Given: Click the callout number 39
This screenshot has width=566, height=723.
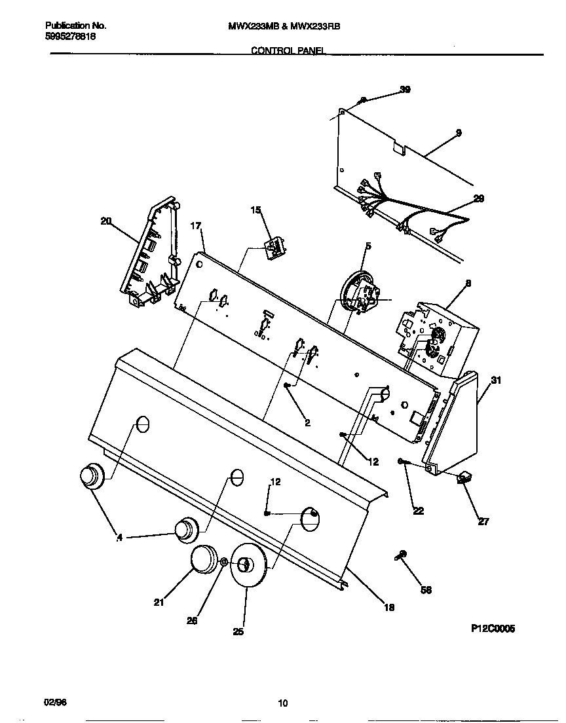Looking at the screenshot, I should pyautogui.click(x=405, y=90).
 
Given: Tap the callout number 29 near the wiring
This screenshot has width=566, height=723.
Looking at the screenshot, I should pyautogui.click(x=478, y=198).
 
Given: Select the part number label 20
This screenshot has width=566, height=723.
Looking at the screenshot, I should pyautogui.click(x=105, y=221).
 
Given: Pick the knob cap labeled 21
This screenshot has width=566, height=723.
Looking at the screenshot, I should pyautogui.click(x=204, y=560).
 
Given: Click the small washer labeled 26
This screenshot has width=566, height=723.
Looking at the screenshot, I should pyautogui.click(x=224, y=562).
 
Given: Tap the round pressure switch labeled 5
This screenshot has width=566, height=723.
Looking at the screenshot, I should pyautogui.click(x=359, y=291).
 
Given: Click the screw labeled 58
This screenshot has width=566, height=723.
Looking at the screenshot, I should pyautogui.click(x=401, y=555).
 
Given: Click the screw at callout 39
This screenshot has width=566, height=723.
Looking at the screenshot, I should pyautogui.click(x=363, y=100).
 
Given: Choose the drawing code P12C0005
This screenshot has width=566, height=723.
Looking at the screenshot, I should pyautogui.click(x=493, y=628).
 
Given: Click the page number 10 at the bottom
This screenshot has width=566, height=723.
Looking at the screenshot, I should pyautogui.click(x=282, y=704).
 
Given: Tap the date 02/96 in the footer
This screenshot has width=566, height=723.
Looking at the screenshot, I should pyautogui.click(x=56, y=701).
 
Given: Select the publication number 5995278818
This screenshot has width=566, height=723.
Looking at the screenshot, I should pyautogui.click(x=71, y=37).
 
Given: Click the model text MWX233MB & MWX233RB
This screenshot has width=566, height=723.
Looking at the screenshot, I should pyautogui.click(x=284, y=26).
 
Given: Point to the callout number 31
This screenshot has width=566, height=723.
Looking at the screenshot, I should pyautogui.click(x=496, y=380).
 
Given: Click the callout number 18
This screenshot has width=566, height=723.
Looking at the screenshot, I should pyautogui.click(x=388, y=607).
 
